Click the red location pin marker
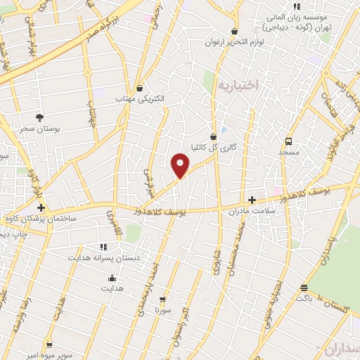pyautogui.click(x=181, y=166)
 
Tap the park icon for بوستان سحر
pyautogui.click(x=40, y=117)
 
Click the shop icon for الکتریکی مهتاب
pyautogui.click(x=140, y=88)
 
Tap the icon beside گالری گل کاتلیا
pyautogui.click(x=214, y=136)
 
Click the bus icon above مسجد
pyautogui.click(x=289, y=140)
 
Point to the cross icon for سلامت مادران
pyautogui.click(x=252, y=200)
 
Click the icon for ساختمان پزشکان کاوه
pyautogui.click(x=41, y=208)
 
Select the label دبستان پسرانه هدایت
pyautogui.click(x=104, y=258)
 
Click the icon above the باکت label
pyautogui.click(x=304, y=288)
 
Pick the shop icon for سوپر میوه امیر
pyautogui.click(x=49, y=345)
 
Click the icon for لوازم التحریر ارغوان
pyautogui.click(x=234, y=32)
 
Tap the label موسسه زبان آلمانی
pyautogui.click(x=290, y=15)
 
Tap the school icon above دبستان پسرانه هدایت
pyautogui.click(x=103, y=247)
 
